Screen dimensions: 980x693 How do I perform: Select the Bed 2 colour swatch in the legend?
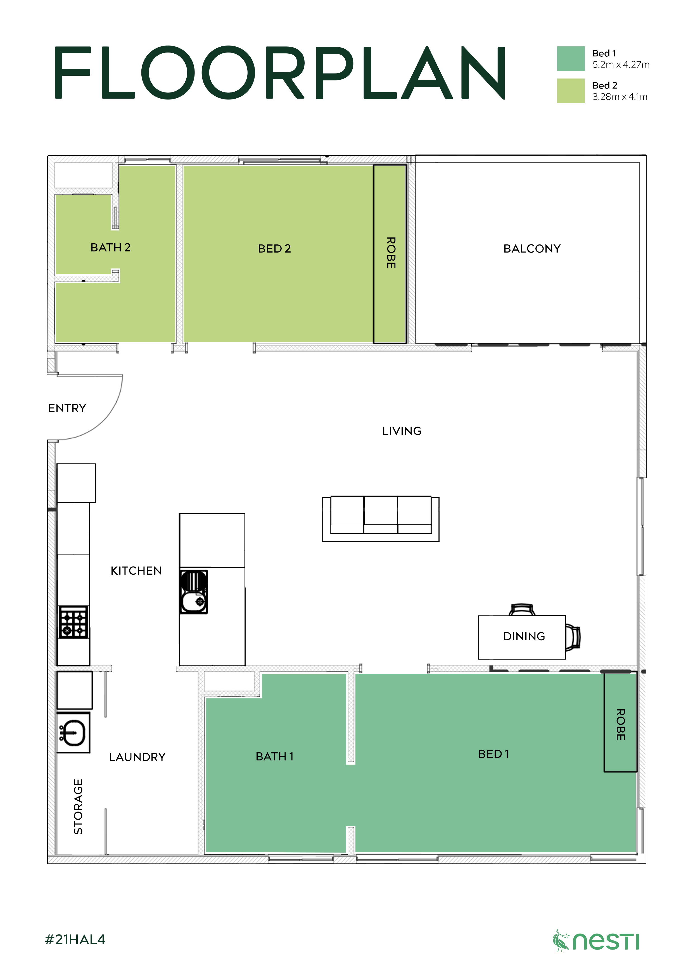(x=570, y=91)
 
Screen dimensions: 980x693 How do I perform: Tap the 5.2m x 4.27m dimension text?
(x=620, y=65)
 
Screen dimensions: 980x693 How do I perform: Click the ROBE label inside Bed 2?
(x=391, y=253)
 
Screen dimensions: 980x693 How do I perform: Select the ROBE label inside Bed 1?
(x=620, y=724)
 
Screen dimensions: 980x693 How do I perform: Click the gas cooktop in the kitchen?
(x=73, y=622)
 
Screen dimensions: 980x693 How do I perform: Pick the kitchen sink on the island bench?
(x=194, y=592)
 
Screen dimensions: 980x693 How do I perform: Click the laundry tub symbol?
(x=73, y=733)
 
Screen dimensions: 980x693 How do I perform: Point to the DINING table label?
(x=524, y=636)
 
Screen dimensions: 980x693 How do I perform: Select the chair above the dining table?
(x=522, y=610)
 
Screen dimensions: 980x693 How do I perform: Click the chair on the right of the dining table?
(x=573, y=637)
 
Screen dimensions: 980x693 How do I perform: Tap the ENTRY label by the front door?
(x=67, y=408)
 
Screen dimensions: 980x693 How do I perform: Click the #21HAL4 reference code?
(x=75, y=939)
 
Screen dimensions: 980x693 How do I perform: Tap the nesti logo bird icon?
(x=561, y=941)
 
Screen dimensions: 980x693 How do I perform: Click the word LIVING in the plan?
(x=401, y=431)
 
